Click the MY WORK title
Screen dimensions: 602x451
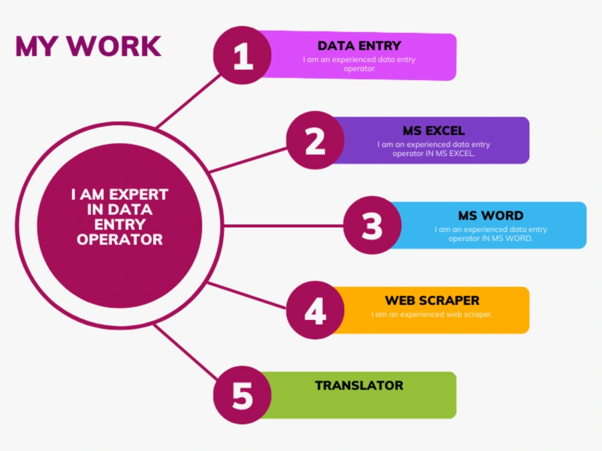click(x=88, y=47)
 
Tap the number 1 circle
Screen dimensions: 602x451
click(x=242, y=55)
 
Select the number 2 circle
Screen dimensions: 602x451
click(x=315, y=140)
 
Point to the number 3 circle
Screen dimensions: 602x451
click(x=373, y=225)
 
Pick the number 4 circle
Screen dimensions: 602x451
click(x=315, y=310)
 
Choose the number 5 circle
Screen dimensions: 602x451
click(x=242, y=395)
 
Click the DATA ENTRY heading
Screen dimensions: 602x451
click(x=359, y=46)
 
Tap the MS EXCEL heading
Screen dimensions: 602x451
click(x=433, y=130)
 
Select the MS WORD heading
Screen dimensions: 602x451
click(x=491, y=215)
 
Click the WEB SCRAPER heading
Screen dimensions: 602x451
click(x=432, y=300)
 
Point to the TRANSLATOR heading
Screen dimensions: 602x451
click(x=359, y=385)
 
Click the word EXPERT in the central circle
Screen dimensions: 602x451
click(x=138, y=194)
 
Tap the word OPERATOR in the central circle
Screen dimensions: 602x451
click(x=120, y=240)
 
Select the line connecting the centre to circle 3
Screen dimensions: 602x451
click(x=284, y=226)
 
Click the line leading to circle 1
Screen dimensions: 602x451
click(x=188, y=101)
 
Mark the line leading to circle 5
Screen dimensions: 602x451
click(x=186, y=352)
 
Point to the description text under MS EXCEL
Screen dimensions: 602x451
click(x=433, y=149)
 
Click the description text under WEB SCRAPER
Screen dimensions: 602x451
click(x=432, y=314)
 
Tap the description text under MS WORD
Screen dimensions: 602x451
click(x=491, y=233)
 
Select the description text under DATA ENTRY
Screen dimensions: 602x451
click(x=359, y=64)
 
